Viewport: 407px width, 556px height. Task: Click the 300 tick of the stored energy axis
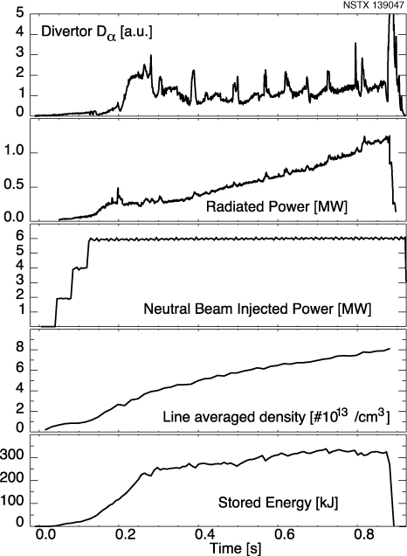tap(14, 457)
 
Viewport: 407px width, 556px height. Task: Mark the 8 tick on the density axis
tap(20, 350)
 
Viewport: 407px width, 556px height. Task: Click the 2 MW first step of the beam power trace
tap(63, 299)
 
